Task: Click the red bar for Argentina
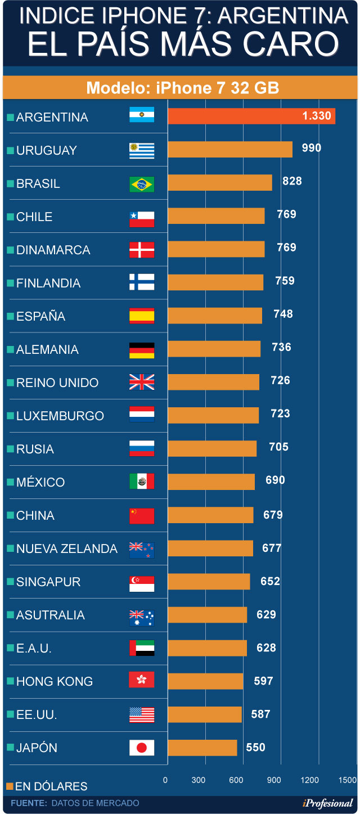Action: click(251, 116)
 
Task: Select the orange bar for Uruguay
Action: click(230, 150)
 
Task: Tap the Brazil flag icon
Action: click(142, 184)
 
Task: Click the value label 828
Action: click(292, 181)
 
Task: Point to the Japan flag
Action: click(142, 748)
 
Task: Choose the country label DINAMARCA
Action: click(53, 250)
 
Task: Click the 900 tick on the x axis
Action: click(274, 780)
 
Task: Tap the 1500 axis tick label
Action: click(348, 780)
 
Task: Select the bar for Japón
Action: click(202, 748)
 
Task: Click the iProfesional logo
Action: click(327, 803)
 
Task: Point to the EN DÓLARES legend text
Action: click(51, 786)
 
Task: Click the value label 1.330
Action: click(317, 116)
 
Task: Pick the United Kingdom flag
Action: click(142, 383)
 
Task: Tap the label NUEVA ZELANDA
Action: click(66, 549)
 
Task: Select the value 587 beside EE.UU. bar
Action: click(260, 714)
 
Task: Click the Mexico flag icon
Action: click(142, 482)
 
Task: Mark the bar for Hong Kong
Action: click(205, 681)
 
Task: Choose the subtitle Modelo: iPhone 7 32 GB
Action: click(182, 88)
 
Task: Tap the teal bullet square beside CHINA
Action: click(10, 516)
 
